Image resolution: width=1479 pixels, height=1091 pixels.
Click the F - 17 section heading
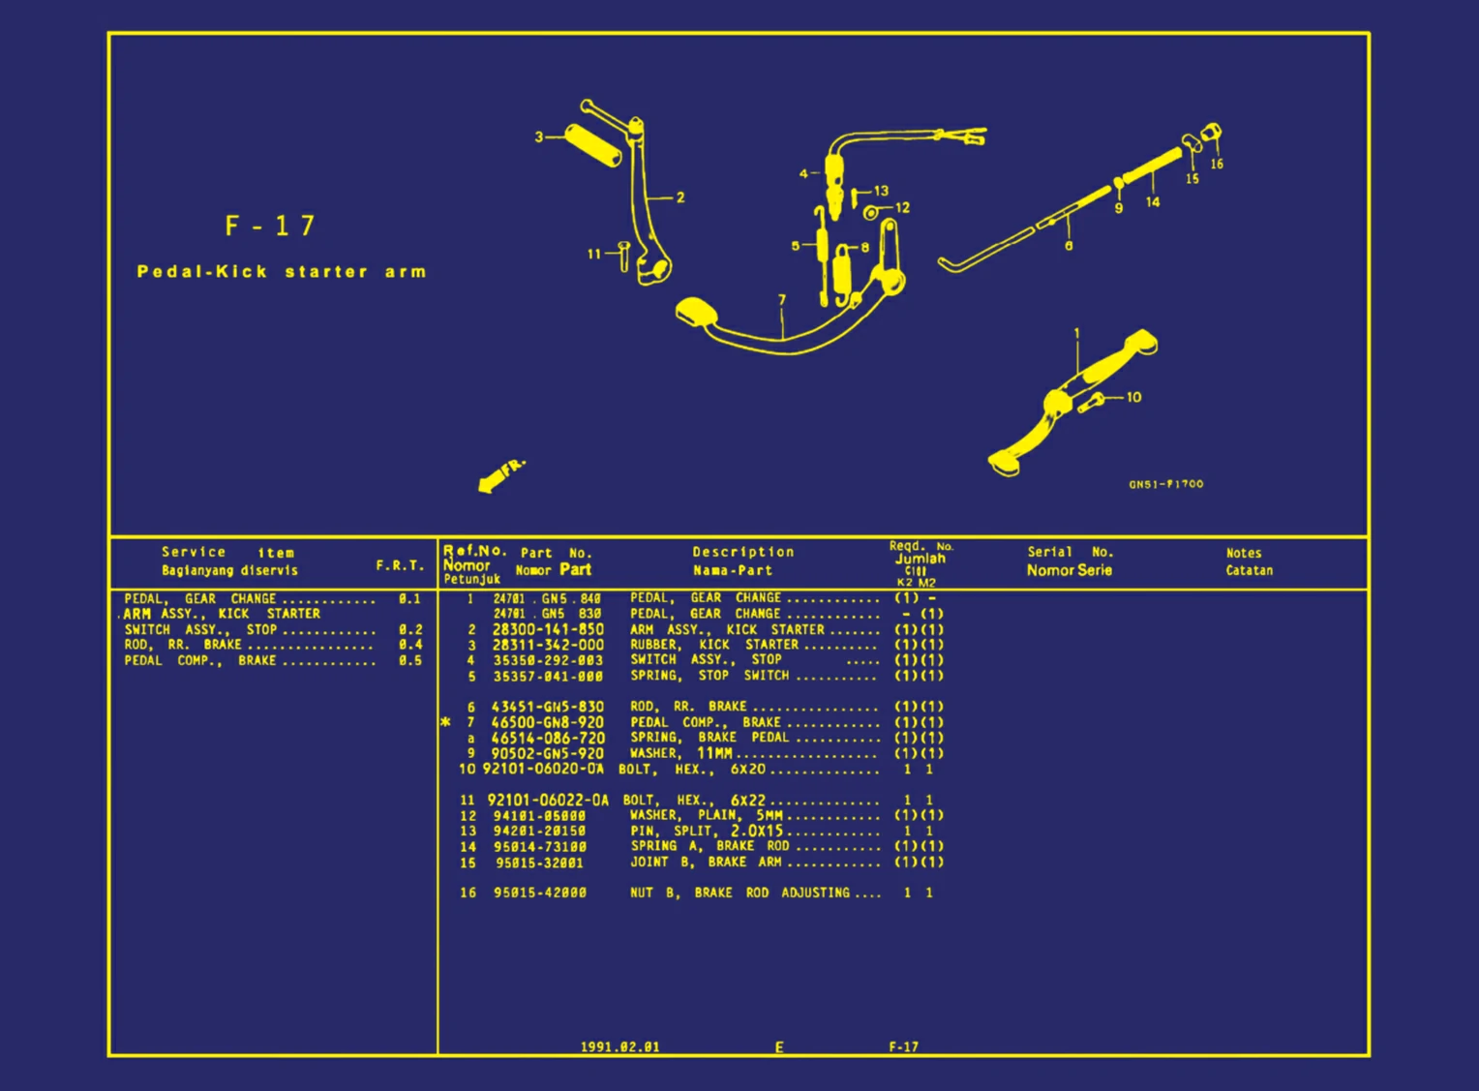[270, 227]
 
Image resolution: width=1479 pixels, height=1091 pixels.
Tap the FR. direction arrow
[499, 475]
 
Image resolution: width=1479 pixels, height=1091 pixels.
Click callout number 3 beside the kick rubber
[539, 137]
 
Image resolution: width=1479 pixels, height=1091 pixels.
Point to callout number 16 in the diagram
[1217, 165]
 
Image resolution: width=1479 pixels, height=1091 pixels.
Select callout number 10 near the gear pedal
[1133, 397]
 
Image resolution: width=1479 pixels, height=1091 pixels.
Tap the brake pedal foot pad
[693, 313]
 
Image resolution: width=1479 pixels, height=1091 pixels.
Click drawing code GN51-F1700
[1165, 484]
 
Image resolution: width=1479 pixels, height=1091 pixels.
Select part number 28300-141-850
[548, 629]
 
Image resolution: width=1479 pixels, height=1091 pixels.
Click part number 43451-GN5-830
[548, 707]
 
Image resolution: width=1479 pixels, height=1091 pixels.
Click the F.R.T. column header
[400, 565]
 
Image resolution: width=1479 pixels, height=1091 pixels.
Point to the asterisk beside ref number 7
[446, 722]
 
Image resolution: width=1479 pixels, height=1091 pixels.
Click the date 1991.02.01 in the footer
[619, 1046]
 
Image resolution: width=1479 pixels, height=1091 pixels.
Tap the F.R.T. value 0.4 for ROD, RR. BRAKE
[410, 645]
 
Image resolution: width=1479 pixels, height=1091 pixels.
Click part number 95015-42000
[540, 893]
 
